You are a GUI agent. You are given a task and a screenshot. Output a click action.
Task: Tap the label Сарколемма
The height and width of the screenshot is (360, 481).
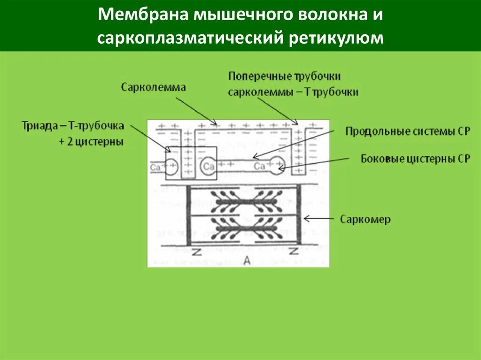pyautogui.click(x=153, y=87)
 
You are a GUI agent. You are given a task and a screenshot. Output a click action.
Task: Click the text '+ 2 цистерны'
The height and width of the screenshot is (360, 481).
pyautogui.click(x=91, y=142)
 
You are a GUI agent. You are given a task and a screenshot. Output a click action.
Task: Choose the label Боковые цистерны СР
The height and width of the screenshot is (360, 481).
pyautogui.click(x=415, y=159)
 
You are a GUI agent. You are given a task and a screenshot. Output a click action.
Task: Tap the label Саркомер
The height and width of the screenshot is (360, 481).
pyautogui.click(x=365, y=219)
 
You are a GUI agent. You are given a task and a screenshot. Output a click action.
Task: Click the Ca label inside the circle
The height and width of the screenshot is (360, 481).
pyautogui.click(x=209, y=167)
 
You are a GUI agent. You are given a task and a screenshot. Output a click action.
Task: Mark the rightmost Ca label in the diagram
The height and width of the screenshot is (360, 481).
pyautogui.click(x=259, y=167)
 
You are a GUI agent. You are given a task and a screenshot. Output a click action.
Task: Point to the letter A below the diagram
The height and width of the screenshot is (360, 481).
pyautogui.click(x=246, y=261)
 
